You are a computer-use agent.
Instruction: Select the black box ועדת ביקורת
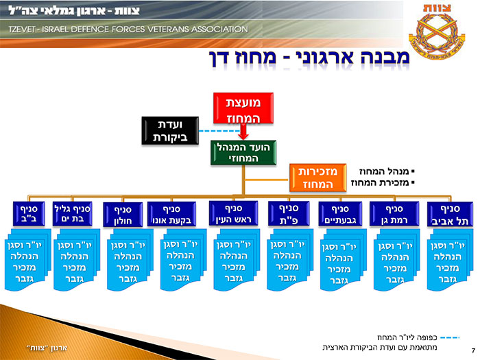(164, 131)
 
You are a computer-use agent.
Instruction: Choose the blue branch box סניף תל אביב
(448, 215)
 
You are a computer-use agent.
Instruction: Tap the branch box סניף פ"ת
(287, 214)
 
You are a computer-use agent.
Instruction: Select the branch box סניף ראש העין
(234, 215)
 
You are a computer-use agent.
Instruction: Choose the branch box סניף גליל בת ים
(72, 213)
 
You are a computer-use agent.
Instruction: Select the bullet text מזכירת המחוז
(385, 184)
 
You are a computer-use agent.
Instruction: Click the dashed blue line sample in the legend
(449, 337)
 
